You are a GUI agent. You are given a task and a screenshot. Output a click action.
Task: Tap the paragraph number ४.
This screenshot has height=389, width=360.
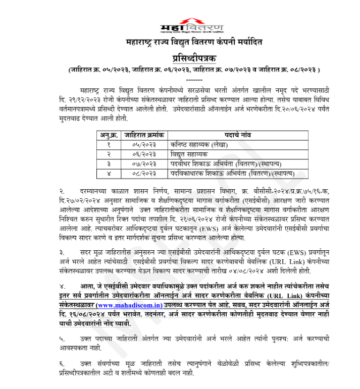pyautogui.click(x=61, y=287)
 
